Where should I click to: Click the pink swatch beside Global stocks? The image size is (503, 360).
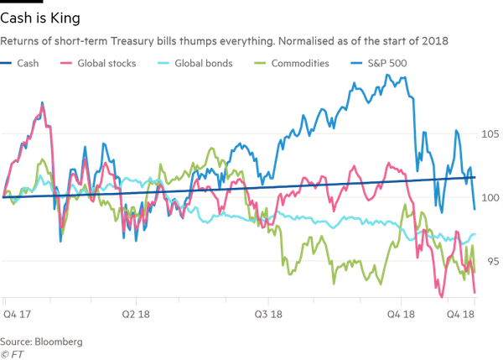pos(66,61)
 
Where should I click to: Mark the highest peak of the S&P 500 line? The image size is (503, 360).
pos(388,75)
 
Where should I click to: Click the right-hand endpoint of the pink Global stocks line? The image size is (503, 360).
pos(476,293)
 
